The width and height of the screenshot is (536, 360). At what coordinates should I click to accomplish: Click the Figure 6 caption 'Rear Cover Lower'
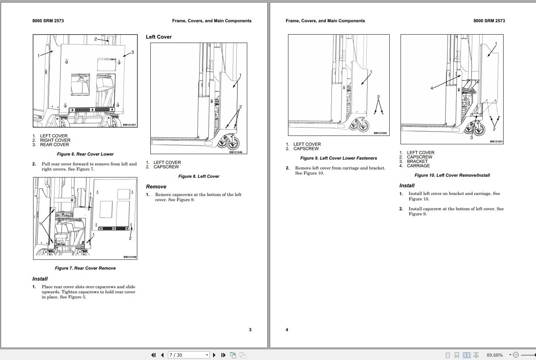pos(85,154)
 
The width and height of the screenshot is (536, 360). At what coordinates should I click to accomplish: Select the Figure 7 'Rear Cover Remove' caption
pos(85,268)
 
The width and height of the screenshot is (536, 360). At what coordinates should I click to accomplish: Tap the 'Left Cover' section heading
pos(159,37)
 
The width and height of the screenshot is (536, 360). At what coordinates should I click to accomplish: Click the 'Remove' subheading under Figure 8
pos(156,187)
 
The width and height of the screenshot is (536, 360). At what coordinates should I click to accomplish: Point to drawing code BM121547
pos(129,125)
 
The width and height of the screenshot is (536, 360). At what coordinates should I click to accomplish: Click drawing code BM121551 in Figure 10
pos(496,142)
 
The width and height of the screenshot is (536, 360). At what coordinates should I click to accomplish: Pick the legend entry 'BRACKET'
pos(417,161)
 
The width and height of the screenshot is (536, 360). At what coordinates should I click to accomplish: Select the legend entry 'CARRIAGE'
pos(418,166)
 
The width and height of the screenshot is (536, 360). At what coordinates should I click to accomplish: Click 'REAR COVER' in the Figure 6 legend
pos(54,145)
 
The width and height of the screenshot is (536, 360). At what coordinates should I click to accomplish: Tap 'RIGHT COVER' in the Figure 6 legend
pos(55,140)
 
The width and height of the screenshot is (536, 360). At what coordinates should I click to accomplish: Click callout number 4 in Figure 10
pos(432,88)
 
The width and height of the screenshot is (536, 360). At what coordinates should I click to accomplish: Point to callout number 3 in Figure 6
pos(133,52)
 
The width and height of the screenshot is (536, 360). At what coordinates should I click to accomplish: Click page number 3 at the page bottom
pos(250,330)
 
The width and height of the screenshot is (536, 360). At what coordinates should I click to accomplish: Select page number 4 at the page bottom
pos(287,330)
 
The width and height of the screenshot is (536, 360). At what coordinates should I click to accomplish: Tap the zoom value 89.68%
pos(494,355)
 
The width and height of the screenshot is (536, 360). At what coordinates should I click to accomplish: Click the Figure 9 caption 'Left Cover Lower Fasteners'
pos(338,158)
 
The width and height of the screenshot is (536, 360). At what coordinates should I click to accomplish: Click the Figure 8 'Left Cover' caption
pos(198,176)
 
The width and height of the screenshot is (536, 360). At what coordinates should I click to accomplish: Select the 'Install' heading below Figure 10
pos(407,185)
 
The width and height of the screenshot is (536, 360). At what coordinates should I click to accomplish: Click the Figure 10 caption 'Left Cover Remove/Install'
pos(452,175)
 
